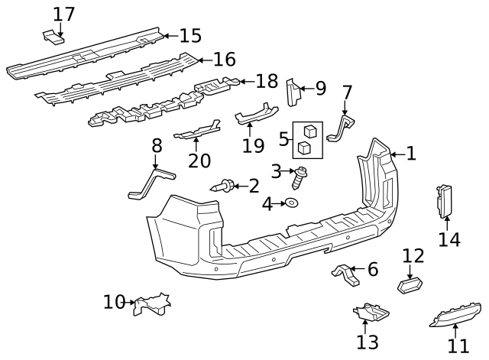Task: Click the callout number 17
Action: [64, 14]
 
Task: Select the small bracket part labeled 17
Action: [53, 37]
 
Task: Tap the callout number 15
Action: [190, 36]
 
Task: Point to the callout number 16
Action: [224, 60]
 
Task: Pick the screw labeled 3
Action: [300, 177]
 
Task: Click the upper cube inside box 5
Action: [311, 131]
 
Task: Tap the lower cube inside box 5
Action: [304, 148]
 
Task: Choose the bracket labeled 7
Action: [342, 128]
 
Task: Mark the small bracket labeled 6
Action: [345, 274]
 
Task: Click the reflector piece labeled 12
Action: [410, 286]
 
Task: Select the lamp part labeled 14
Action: [444, 201]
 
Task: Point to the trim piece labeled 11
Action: [455, 314]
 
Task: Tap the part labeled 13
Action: [371, 312]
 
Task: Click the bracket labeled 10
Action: [152, 304]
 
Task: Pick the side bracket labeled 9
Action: [293, 92]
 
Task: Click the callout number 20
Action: [199, 161]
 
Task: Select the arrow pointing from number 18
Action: [248, 82]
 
